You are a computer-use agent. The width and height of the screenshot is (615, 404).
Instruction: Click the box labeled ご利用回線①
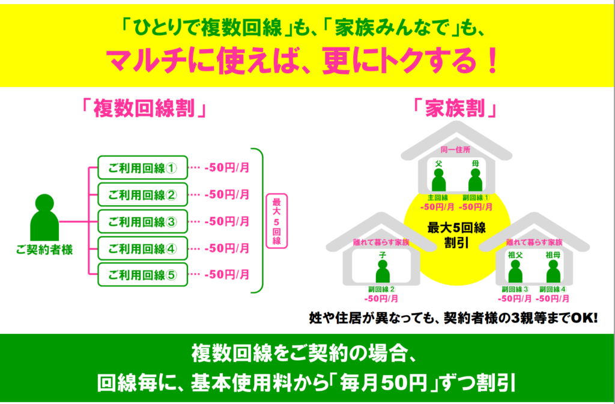(143, 167)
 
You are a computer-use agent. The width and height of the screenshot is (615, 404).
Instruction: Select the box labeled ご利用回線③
(143, 222)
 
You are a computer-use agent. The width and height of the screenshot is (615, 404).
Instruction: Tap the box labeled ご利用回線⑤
(143, 275)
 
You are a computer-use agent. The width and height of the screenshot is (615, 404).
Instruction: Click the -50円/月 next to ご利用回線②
(227, 194)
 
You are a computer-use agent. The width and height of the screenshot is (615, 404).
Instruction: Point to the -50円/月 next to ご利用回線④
(227, 248)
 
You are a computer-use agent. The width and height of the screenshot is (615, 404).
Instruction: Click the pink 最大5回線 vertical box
(276, 221)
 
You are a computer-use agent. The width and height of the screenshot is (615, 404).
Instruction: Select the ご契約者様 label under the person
(44, 250)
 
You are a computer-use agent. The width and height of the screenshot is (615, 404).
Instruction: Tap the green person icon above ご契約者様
(44, 217)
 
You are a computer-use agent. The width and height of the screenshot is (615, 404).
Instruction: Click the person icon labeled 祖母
(553, 271)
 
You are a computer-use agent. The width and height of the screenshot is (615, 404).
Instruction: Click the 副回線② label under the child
(382, 289)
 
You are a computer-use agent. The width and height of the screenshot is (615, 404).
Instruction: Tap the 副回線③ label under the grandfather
(515, 289)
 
